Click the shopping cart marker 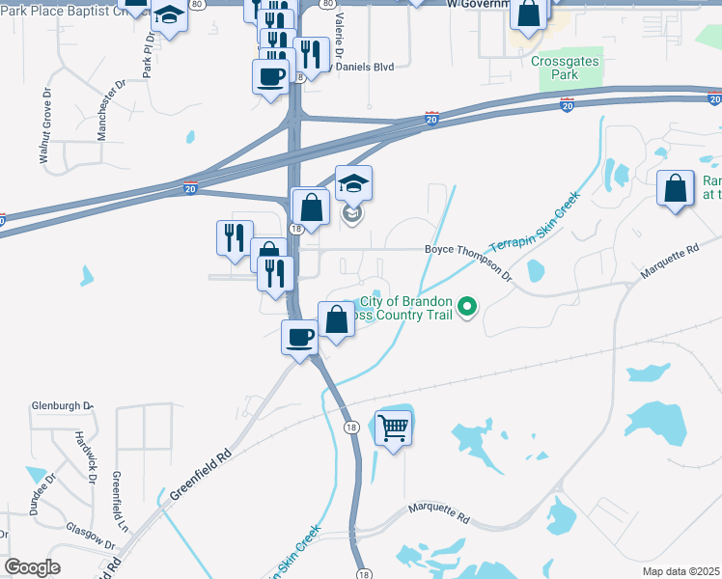pyautogui.click(x=394, y=426)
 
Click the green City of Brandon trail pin pyautogui.click(x=467, y=308)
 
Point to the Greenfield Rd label pyautogui.click(x=202, y=478)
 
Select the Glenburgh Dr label pyautogui.click(x=62, y=406)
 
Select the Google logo pyautogui.click(x=32, y=567)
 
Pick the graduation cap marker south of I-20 pyautogui.click(x=353, y=183)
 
